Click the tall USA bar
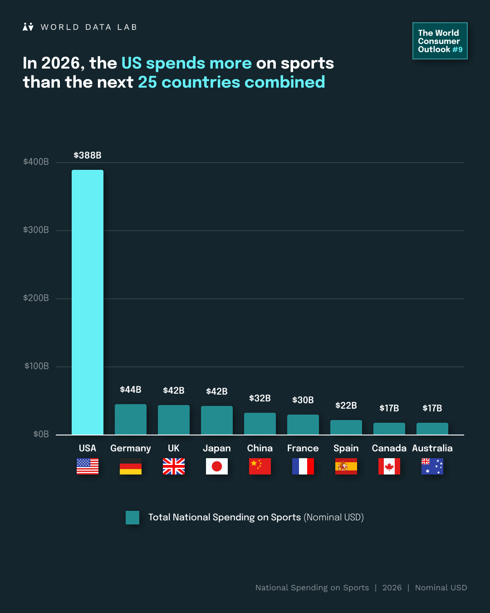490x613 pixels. [x=88, y=302]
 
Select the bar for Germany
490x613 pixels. [x=131, y=420]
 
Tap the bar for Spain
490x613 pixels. [x=346, y=427]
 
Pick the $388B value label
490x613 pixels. [x=88, y=155]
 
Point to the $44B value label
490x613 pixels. [x=131, y=390]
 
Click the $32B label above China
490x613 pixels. [x=260, y=398]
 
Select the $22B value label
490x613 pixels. [x=346, y=405]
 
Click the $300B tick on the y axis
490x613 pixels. [x=36, y=230]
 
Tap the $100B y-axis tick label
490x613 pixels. [x=36, y=366]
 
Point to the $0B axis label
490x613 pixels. [x=41, y=434]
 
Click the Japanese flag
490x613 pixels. [x=217, y=466]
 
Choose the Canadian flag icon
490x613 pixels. [x=389, y=466]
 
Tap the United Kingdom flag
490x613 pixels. [x=174, y=466]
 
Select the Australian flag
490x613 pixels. [x=432, y=466]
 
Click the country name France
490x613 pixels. [x=303, y=448]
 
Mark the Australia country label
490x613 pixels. [x=432, y=448]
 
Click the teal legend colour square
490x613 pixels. [x=132, y=518]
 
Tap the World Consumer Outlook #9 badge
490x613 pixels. [x=440, y=41]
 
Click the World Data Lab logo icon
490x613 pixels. [x=28, y=27]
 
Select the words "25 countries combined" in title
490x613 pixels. [x=231, y=82]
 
